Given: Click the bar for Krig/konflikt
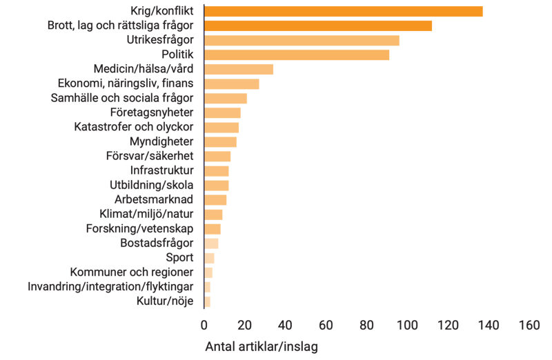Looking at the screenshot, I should pos(344,11).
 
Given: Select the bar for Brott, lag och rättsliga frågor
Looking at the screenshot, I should pos(319,26).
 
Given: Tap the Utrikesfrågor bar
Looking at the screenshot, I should pos(302,41).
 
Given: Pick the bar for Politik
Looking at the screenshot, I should pos(297,55).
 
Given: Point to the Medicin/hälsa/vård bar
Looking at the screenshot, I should pos(239,69).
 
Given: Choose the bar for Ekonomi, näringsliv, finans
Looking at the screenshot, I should pos(233,83).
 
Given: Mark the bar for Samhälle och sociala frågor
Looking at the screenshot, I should pos(226,99).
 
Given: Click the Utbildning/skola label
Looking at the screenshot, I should pos(151,186).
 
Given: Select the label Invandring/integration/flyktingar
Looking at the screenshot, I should pos(110,287).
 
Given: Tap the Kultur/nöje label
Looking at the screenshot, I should pos(166,301).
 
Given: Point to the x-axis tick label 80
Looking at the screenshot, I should pos(366,325).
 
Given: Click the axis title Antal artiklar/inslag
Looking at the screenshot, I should pos(262,346).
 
